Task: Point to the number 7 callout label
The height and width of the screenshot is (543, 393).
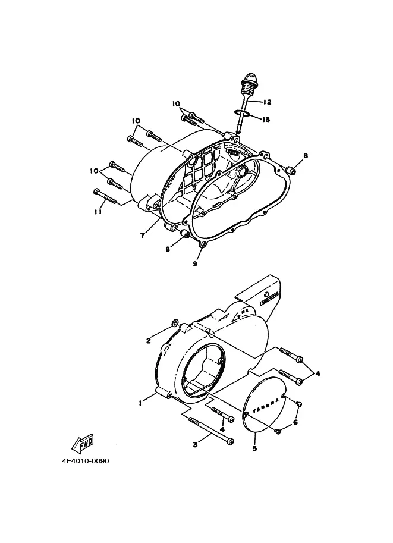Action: tap(143, 236)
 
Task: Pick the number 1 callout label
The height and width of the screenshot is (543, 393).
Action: tap(140, 403)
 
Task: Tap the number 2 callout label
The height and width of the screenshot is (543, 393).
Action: tap(149, 341)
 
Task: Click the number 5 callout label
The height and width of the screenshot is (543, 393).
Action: tap(254, 448)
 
